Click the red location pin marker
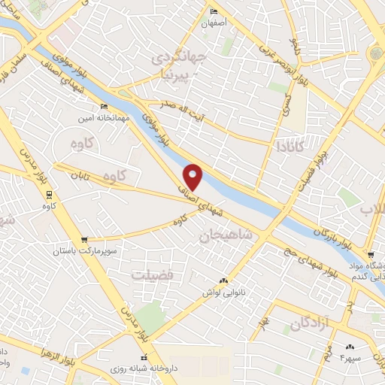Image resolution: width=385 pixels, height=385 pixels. pos(193,176)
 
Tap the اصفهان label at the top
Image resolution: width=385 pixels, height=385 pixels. pos(214,23)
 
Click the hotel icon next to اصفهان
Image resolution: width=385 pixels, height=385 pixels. pos(214,11)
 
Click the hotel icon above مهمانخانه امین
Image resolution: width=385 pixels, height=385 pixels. pos(103,107)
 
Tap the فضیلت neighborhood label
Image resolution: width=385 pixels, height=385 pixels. pos(153,274)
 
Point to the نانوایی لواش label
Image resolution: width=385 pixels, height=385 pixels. pos(220,292)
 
